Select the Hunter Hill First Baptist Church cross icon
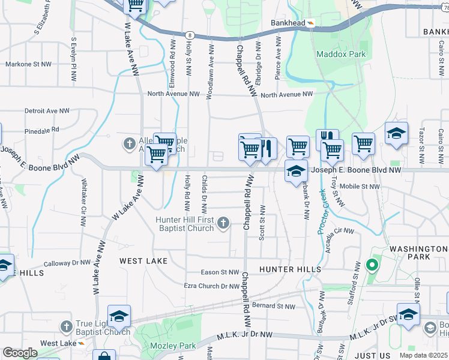pyautogui.click(x=223, y=224)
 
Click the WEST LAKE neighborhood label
pyautogui.click(x=143, y=261)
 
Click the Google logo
pyautogui.click(x=20, y=352)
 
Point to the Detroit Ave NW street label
pyautogui.click(x=47, y=111)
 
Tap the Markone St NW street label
pyautogui.click(x=27, y=64)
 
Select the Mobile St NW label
pyautogui.click(x=360, y=187)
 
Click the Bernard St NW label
pyautogui.click(x=274, y=306)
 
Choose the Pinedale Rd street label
pyautogui.click(x=42, y=129)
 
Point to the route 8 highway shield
pyautogui.click(x=190, y=35)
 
